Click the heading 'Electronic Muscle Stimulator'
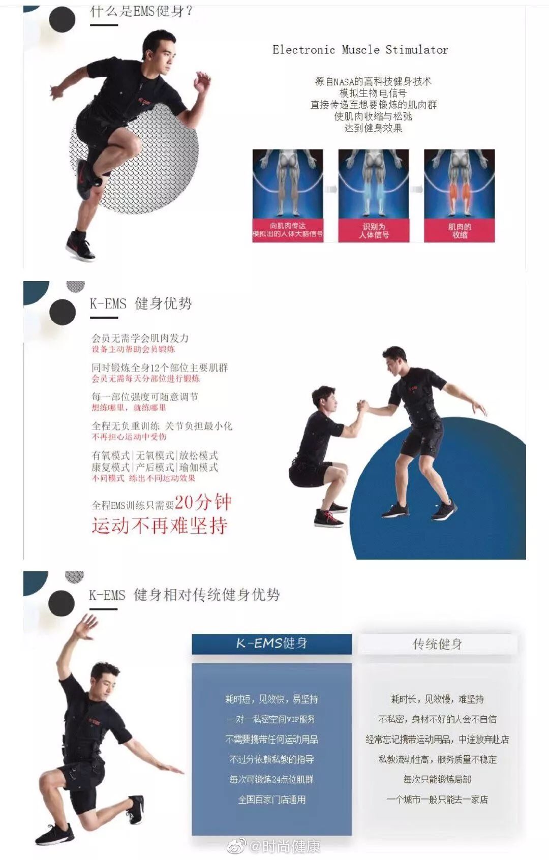[x=360, y=50]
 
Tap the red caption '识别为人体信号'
[x=374, y=231]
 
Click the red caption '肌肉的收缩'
[x=459, y=231]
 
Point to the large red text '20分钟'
[x=203, y=502]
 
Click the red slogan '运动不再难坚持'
[x=159, y=526]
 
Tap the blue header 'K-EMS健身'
[x=271, y=643]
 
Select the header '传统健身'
[x=437, y=644]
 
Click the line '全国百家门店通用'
[x=272, y=800]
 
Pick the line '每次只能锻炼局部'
[x=437, y=779]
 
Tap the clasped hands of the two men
[x=362, y=407]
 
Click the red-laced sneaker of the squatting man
[x=328, y=518]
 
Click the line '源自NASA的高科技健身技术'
[x=373, y=81]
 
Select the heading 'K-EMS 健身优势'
[x=141, y=304]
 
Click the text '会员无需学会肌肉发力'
[x=140, y=338]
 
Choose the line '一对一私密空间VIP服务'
[x=271, y=719]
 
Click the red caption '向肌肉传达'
[x=288, y=226]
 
